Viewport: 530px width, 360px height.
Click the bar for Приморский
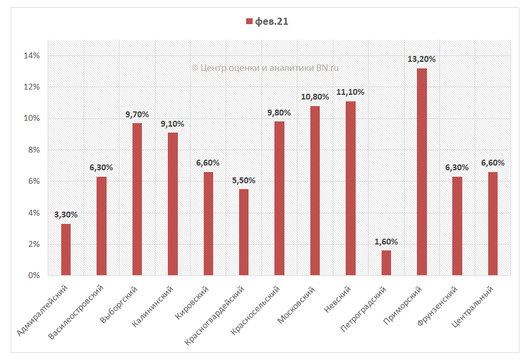pos(422,171)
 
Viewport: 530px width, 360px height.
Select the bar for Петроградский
pos(386,263)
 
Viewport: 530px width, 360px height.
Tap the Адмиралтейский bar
pos(66,249)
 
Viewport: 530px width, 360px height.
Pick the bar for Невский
pos(350,188)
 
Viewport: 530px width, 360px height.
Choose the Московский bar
pos(315,190)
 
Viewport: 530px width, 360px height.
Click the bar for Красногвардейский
pos(244,232)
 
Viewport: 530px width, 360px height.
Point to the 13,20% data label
pos(422,59)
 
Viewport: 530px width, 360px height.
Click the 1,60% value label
pos(386,242)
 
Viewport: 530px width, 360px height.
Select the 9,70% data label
pos(137,114)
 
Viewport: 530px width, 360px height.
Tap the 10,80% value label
pos(315,97)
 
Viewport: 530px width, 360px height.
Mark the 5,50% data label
pos(244,180)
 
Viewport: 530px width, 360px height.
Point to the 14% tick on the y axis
pos(31,56)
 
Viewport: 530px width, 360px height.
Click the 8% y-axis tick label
pos(33,150)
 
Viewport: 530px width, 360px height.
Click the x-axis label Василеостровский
pos(78,311)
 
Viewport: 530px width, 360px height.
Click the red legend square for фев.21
pos(249,22)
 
